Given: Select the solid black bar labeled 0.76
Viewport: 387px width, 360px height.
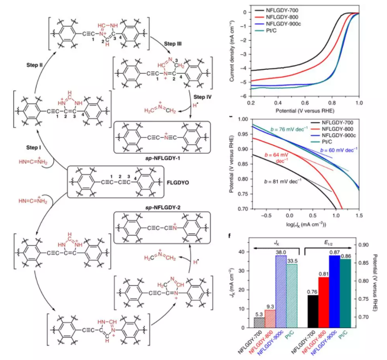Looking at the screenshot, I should [313, 310].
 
